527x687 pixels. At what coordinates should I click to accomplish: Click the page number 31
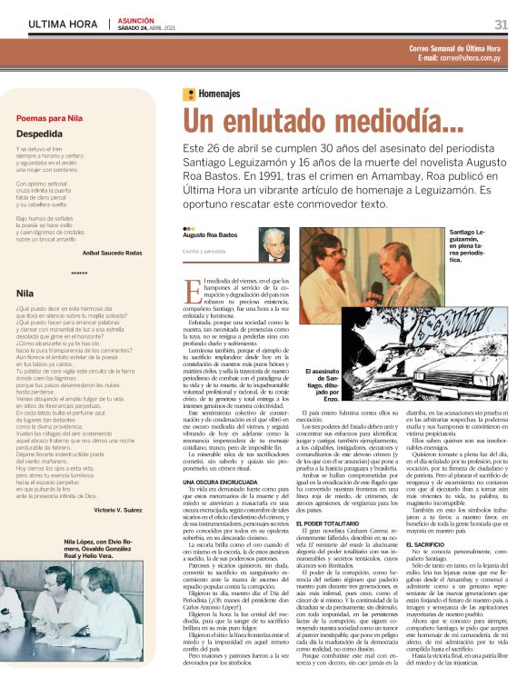click(x=501, y=25)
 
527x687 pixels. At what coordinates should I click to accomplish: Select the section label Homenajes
click(x=219, y=94)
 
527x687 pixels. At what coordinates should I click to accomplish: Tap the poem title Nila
click(x=25, y=294)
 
